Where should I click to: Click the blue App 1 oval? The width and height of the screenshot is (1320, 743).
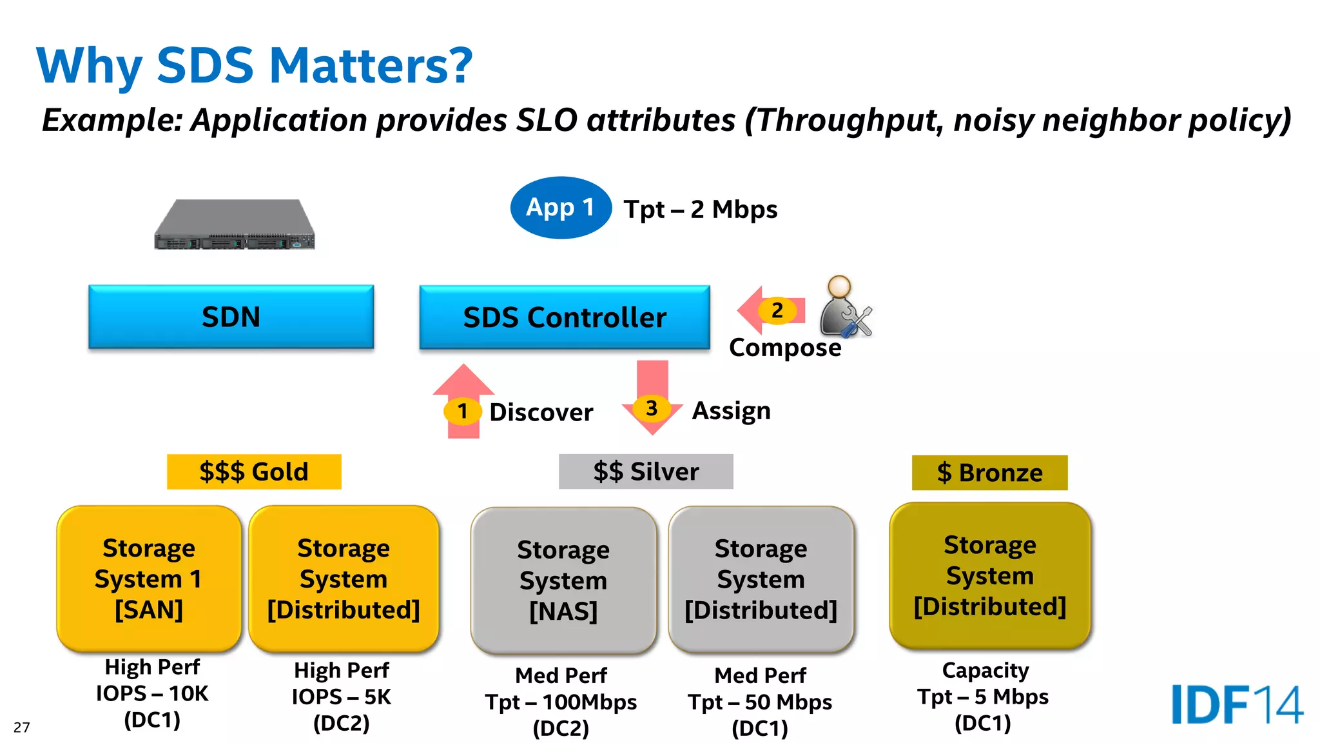point(560,208)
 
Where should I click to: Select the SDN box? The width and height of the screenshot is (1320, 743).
point(231,317)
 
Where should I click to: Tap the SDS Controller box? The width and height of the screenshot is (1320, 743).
point(564,317)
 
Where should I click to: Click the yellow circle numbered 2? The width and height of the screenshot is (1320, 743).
point(777,310)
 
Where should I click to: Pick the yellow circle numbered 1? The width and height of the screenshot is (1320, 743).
point(462,411)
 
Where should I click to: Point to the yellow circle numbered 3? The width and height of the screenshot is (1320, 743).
point(652,408)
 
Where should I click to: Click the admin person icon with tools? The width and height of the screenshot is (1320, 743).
point(844,308)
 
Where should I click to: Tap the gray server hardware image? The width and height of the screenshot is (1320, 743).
point(235,224)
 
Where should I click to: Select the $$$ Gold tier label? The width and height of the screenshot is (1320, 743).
point(254,471)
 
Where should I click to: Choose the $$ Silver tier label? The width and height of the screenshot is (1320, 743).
point(646,471)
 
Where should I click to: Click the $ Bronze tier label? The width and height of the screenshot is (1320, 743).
point(989,473)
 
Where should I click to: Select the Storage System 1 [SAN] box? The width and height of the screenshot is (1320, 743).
point(149,579)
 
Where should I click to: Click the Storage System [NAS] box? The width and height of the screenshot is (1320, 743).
point(563,580)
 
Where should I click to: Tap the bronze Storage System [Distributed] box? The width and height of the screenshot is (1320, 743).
point(989,575)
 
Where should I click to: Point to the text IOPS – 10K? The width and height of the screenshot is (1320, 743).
point(152,693)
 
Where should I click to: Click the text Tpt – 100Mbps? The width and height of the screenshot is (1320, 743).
point(561,702)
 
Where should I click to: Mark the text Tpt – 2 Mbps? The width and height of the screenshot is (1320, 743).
point(701,210)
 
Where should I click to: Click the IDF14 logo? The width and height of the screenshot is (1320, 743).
point(1236,704)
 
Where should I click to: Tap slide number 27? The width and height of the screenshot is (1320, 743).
point(21,728)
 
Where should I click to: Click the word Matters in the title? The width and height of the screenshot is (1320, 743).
point(371,66)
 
